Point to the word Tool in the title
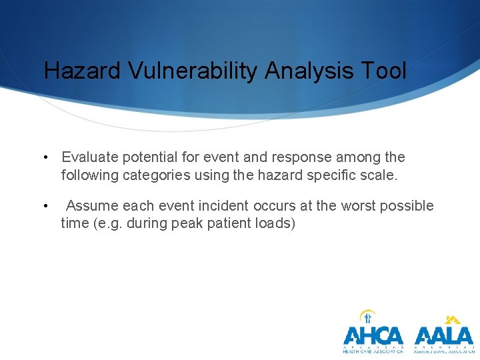(x=385, y=71)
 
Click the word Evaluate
(x=87, y=157)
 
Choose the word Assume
(x=92, y=206)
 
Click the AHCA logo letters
(x=373, y=335)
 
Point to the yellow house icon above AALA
(x=453, y=319)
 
